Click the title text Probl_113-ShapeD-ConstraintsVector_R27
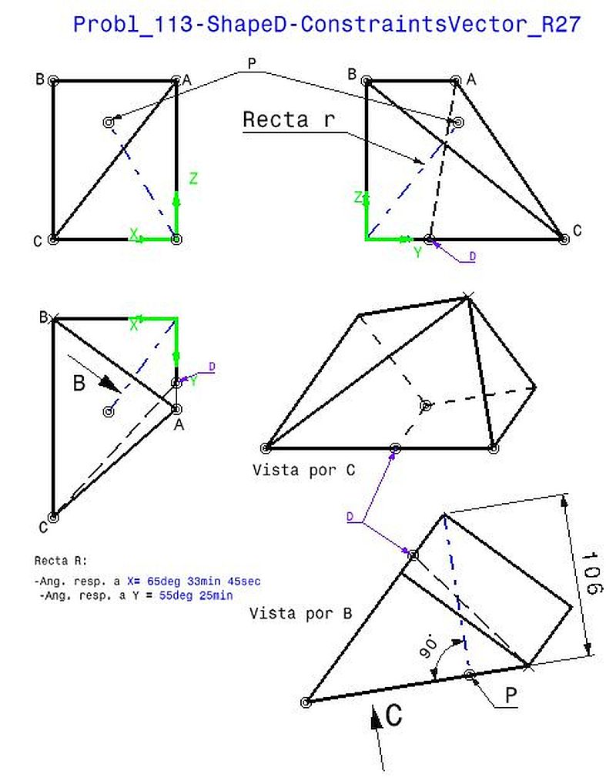326,25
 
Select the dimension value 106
591,573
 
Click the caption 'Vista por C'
303,470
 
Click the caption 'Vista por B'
301,614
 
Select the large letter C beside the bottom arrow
393,716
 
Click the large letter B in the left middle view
79,383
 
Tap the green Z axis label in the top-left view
193,179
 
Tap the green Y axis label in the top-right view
417,253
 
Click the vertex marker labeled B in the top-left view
53,80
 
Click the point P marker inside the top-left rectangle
108,122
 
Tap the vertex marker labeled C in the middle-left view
53,517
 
